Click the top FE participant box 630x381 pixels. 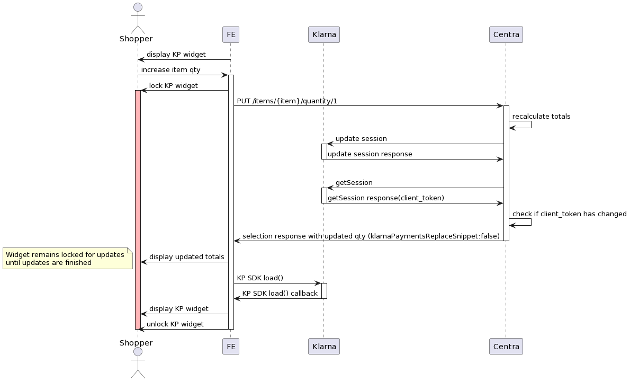coord(231,35)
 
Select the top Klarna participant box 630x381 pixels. coord(323,35)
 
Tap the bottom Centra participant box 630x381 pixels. coord(506,347)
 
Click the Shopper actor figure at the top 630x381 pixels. coord(138,19)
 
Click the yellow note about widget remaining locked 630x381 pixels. coord(67,258)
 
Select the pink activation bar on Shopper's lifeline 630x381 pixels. coord(138,212)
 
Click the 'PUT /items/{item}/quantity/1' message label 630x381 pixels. coord(287,101)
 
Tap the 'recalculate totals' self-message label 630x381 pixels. coord(541,116)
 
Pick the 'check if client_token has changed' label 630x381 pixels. coord(569,214)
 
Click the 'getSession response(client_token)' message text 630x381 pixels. coord(385,198)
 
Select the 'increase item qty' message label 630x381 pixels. coord(170,69)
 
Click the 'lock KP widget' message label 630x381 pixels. coord(173,85)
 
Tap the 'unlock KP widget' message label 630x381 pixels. coord(175,324)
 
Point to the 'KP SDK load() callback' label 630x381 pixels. coord(280,293)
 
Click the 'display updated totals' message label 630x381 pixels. coord(186,256)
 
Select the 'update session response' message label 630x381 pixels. coord(370,154)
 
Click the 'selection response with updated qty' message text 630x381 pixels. coord(371,235)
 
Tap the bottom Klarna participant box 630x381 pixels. coord(323,347)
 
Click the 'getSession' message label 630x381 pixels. coord(354,182)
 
